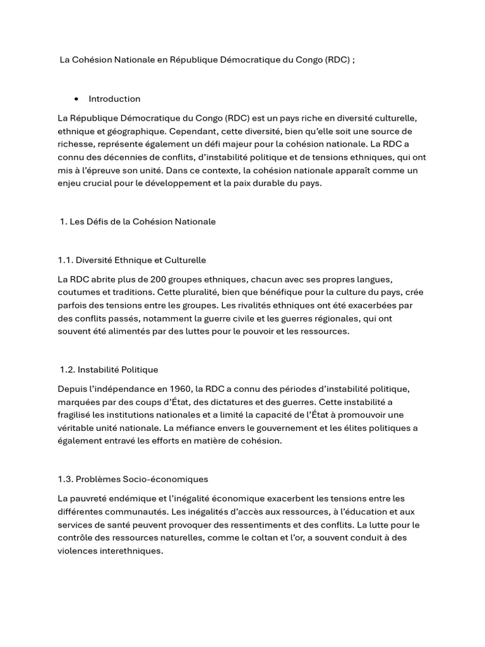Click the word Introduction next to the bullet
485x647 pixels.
click(114, 99)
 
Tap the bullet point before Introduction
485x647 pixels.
click(76, 99)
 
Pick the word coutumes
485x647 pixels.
click(78, 292)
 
